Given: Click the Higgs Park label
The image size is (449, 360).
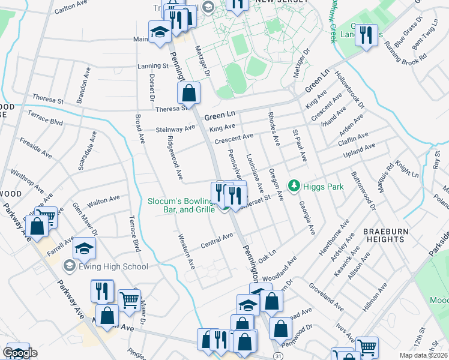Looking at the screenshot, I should (x=323, y=187).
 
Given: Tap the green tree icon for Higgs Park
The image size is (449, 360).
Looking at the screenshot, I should (x=294, y=187).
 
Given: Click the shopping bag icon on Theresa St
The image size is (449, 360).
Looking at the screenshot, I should (x=188, y=94).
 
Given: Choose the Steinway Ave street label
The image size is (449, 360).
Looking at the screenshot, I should (x=175, y=128).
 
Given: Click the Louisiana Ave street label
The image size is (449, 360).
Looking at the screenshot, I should (x=255, y=172).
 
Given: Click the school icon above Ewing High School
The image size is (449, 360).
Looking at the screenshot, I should (x=85, y=248).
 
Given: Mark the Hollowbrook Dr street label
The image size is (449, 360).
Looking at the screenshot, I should (x=351, y=91).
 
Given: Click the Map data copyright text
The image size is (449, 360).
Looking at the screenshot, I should (x=424, y=355).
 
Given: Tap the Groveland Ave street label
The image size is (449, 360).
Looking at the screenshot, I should (x=327, y=298).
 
